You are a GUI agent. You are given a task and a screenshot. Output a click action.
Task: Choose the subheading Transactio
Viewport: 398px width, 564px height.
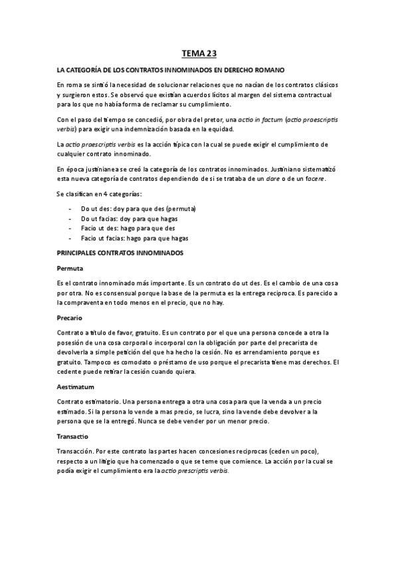coord(73,436)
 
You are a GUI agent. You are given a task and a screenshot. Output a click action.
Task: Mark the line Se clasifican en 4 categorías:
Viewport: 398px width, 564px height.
coord(100,194)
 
